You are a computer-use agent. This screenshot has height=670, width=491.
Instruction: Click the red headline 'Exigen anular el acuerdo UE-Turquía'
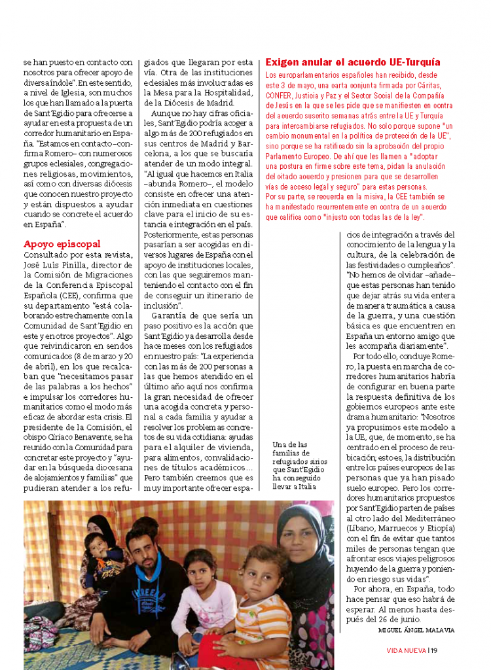click(x=353, y=62)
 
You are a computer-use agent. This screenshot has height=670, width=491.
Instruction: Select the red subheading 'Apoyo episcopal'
click(x=62, y=244)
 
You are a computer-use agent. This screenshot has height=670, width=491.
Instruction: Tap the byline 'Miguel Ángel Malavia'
click(x=416, y=630)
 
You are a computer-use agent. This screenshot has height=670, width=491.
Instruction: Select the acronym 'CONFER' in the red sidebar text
click(x=280, y=95)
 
